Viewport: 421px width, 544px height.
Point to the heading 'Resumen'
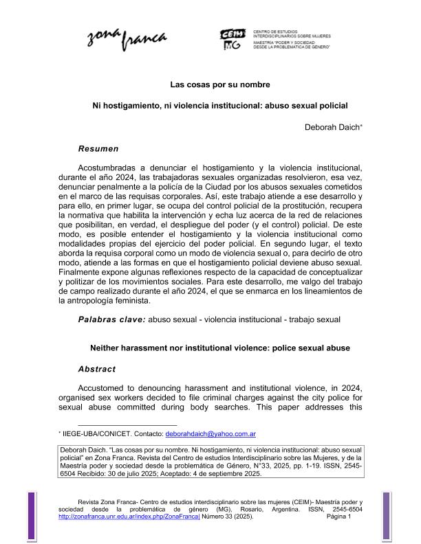pyautogui.click(x=98, y=148)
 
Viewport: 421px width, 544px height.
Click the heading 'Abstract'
pyautogui.click(x=97, y=369)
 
